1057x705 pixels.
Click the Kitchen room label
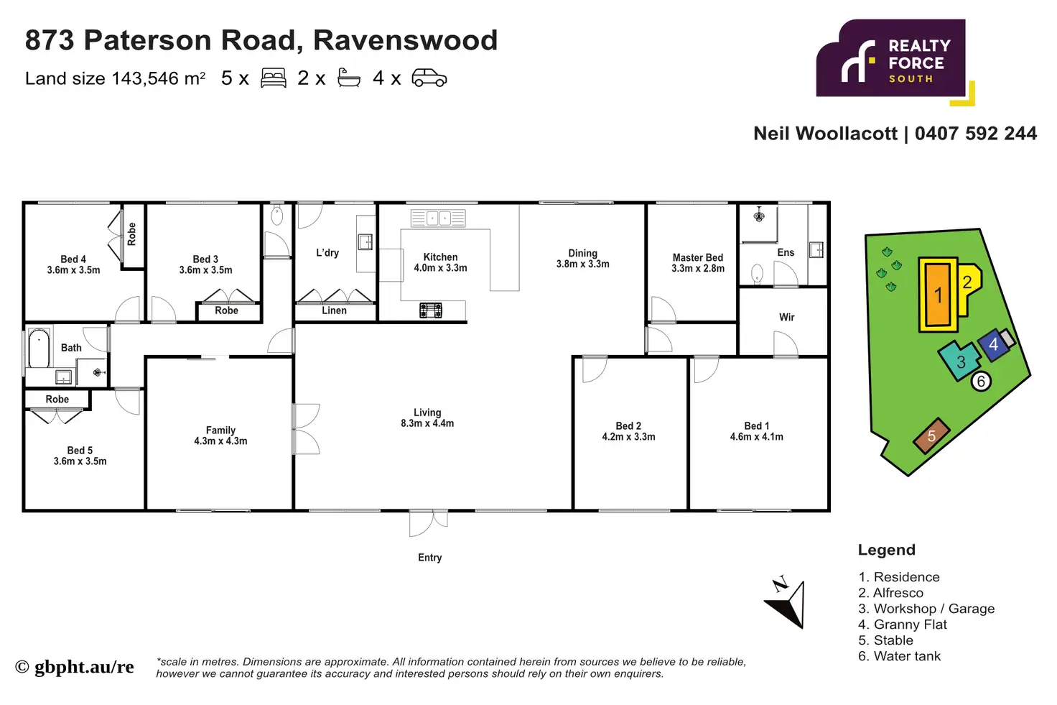(x=440, y=257)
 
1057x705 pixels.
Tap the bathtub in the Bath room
(x=39, y=349)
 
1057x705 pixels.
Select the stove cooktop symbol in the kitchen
(x=431, y=310)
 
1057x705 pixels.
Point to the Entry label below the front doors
(x=429, y=558)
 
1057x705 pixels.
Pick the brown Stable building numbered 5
(x=931, y=436)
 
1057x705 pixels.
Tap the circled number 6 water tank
(x=981, y=382)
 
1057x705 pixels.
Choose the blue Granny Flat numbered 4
(x=993, y=345)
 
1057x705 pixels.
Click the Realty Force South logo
(x=891, y=60)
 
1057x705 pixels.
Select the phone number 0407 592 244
(x=976, y=134)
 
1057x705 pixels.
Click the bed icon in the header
(x=273, y=78)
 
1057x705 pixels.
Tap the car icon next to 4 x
(x=429, y=78)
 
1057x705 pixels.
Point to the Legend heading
(x=886, y=550)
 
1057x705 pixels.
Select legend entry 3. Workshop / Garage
(x=926, y=609)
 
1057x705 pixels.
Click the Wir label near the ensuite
(x=786, y=317)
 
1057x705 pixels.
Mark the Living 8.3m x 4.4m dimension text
(x=427, y=423)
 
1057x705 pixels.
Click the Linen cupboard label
(x=334, y=310)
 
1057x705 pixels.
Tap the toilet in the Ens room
(x=757, y=274)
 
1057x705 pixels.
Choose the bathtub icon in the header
(x=349, y=78)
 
